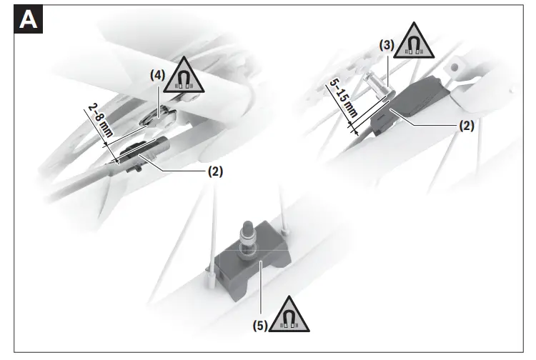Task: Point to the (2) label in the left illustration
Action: pos(216,171)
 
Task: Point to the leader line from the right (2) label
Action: pos(429,121)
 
